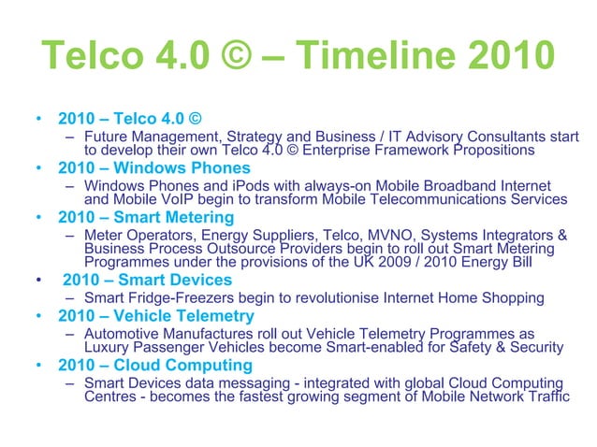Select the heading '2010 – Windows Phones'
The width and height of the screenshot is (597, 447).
click(x=154, y=168)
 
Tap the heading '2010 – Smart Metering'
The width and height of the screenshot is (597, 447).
click(x=146, y=217)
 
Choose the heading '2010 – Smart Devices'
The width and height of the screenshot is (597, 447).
click(x=147, y=280)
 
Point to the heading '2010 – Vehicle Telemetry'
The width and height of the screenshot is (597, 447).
click(x=155, y=316)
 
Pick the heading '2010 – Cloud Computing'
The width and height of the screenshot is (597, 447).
click(x=154, y=365)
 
